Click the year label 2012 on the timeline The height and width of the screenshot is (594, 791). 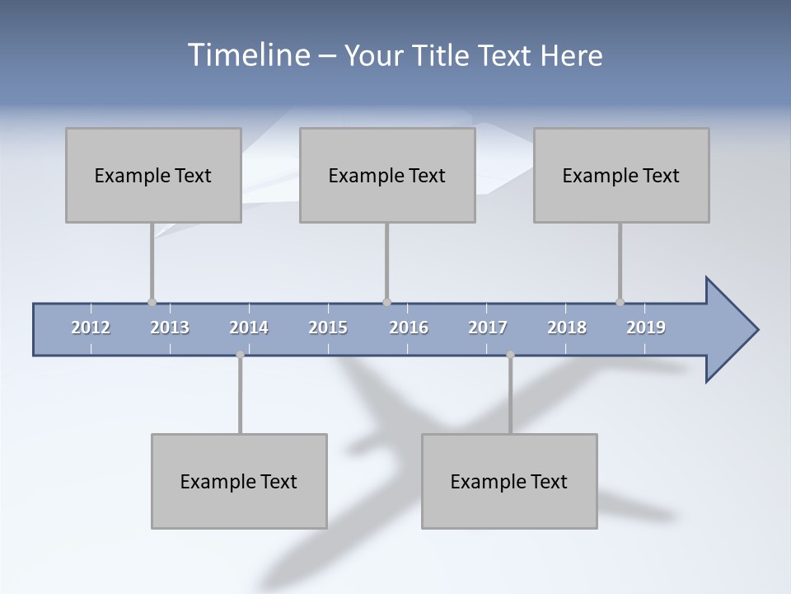coord(91,328)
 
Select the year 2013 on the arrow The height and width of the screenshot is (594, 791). coord(170,328)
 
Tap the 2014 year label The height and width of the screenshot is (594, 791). coord(249,328)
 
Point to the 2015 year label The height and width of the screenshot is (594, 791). coord(328,328)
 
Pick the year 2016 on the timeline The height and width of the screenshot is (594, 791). coord(409,328)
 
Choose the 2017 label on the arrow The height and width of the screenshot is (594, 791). coord(488,328)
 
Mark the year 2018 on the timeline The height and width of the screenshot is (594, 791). coord(567,328)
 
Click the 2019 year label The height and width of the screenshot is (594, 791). coord(646,328)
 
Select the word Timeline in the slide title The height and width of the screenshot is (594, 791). coord(248,55)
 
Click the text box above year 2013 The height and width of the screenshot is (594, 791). coord(153,175)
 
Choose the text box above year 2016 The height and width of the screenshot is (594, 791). coord(387,175)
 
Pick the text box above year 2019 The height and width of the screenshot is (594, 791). coord(621,175)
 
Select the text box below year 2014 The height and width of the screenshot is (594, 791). coord(239,481)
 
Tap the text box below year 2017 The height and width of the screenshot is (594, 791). coord(509,481)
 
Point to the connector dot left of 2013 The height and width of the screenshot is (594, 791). coord(152,303)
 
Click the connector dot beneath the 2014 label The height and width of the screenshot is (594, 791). coord(240,355)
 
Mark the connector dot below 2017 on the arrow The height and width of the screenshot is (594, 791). coord(510,355)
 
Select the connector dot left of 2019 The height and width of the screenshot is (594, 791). coord(620,303)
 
